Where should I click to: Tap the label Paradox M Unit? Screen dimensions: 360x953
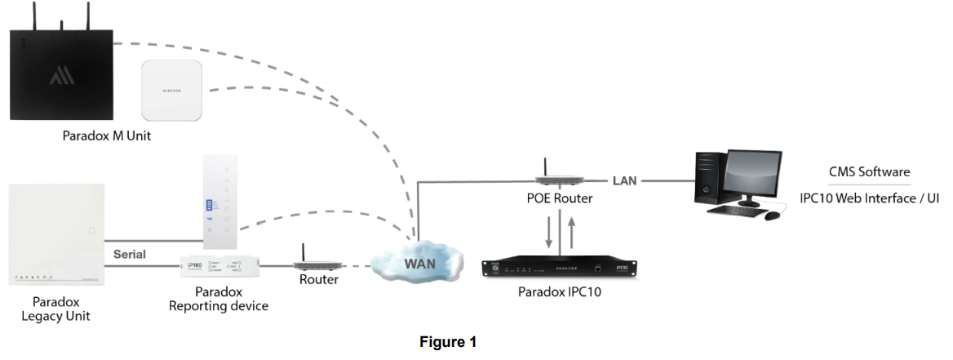click(106, 136)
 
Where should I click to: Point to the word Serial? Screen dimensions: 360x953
click(130, 254)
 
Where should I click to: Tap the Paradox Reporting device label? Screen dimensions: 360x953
click(218, 300)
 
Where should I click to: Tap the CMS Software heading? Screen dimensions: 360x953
click(869, 172)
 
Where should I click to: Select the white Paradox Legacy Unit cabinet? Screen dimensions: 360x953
click(56, 234)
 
